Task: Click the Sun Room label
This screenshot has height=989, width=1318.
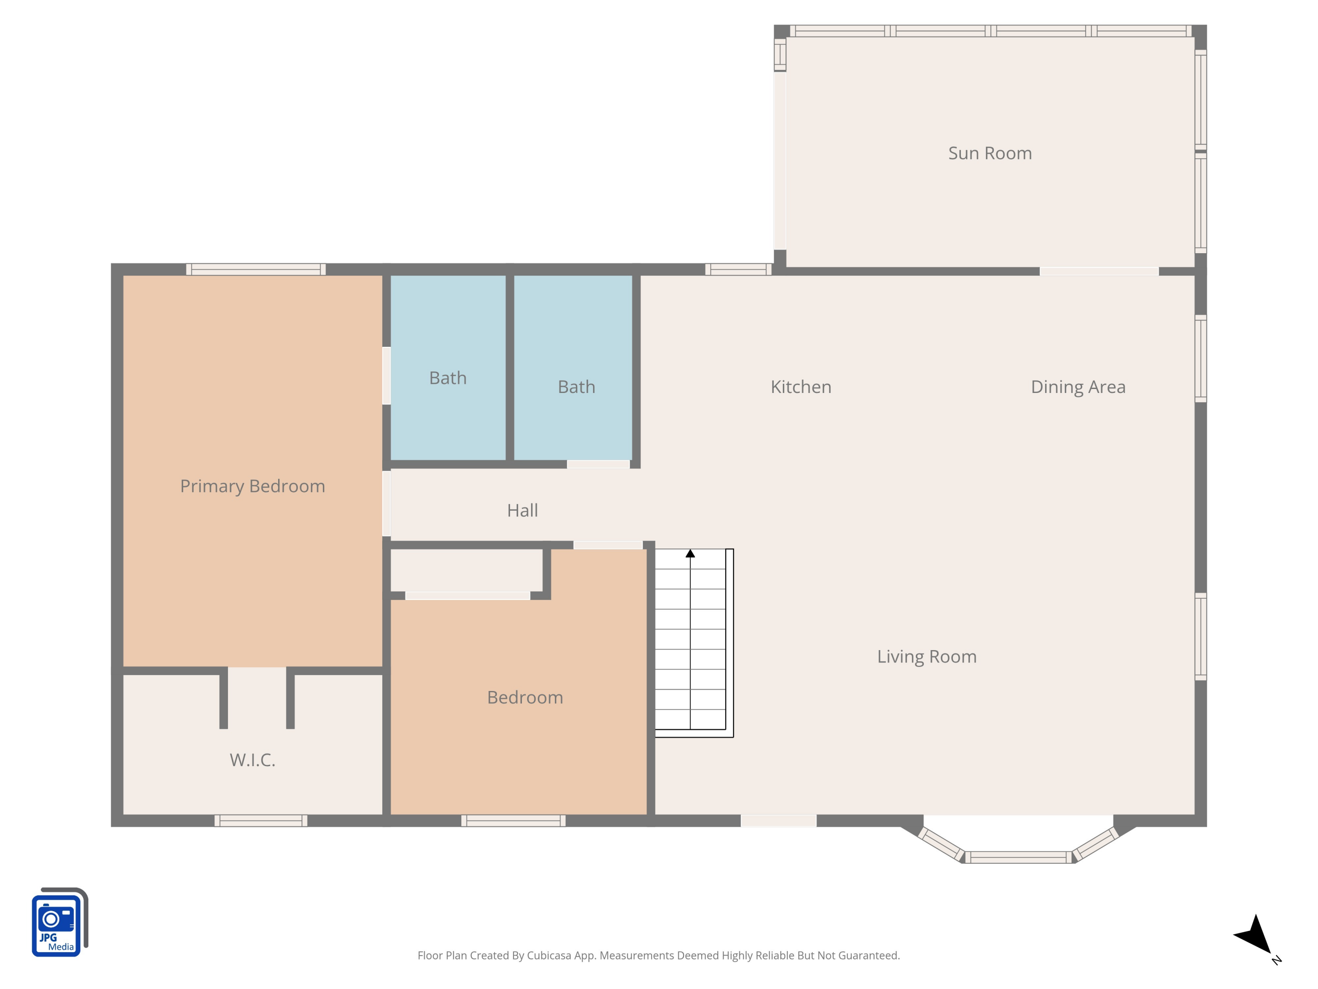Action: [990, 153]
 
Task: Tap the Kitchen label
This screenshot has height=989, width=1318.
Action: [801, 387]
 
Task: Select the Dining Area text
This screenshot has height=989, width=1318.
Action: [1078, 387]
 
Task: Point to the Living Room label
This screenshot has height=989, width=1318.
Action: [927, 656]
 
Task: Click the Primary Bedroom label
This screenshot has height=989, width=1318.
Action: [253, 486]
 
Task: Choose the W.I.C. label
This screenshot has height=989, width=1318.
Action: [253, 760]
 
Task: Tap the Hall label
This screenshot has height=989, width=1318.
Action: [522, 510]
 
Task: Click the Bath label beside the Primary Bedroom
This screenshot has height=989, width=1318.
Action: [448, 378]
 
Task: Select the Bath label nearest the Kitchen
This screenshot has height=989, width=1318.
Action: [576, 387]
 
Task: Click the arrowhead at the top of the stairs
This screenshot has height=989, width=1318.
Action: [690, 554]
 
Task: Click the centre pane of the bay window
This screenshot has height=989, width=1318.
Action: [1018, 857]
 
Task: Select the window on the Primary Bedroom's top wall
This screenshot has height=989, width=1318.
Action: [256, 269]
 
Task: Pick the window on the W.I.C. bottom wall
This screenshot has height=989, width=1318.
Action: [261, 821]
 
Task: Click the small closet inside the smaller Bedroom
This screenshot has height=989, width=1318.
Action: [466, 571]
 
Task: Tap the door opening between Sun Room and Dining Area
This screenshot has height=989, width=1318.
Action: [1099, 272]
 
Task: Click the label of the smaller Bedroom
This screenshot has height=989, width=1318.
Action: [525, 698]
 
